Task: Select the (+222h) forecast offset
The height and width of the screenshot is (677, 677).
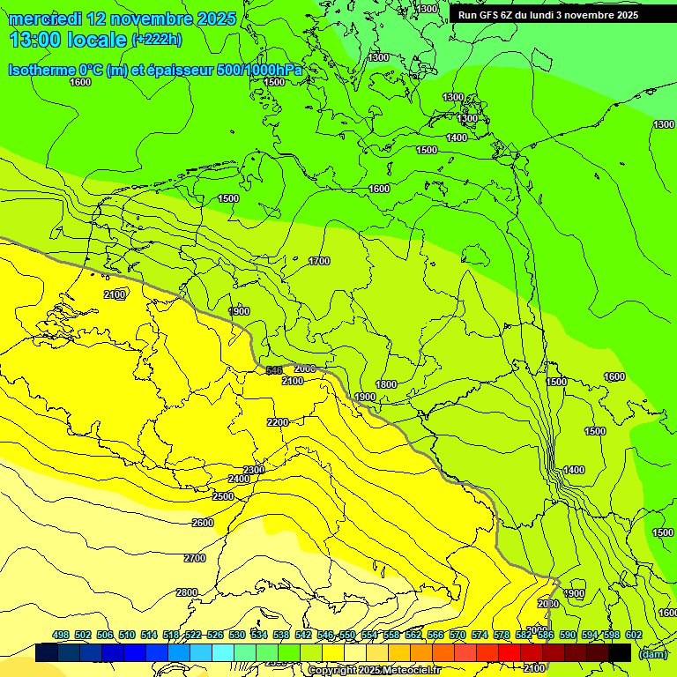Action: (157, 39)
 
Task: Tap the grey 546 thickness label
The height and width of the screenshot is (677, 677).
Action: (274, 370)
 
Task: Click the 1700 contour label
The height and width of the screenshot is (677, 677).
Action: (319, 261)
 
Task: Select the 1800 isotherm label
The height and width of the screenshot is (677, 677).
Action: (386, 384)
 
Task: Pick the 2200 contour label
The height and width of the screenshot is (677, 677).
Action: (278, 422)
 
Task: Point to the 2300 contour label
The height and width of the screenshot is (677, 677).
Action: (254, 470)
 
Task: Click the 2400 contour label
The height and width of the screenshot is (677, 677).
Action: (238, 479)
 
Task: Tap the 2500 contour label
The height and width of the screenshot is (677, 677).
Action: (223, 496)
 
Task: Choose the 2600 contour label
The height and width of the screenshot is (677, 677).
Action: (203, 523)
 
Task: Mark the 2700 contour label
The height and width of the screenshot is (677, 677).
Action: (195, 558)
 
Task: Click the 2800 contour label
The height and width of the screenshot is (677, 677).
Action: (186, 592)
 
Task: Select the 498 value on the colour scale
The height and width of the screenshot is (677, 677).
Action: (61, 636)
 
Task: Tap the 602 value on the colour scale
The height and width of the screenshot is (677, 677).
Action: (634, 636)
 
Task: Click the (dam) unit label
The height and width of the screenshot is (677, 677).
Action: (653, 653)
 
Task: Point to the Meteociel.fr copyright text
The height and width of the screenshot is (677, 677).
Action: (374, 671)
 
